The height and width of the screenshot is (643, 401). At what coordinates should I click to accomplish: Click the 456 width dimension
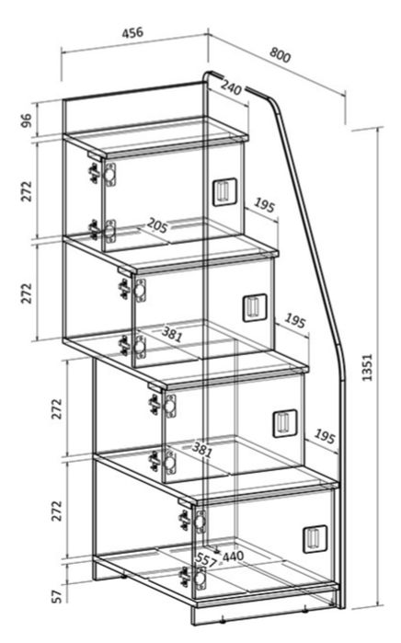pyautogui.click(x=132, y=32)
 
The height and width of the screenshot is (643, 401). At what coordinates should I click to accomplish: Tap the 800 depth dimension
pyautogui.click(x=280, y=55)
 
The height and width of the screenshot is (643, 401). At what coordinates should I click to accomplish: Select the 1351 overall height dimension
pyautogui.click(x=367, y=367)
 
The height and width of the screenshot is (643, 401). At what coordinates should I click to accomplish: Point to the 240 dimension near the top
pyautogui.click(x=231, y=86)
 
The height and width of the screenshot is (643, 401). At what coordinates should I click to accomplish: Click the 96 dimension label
pyautogui.click(x=26, y=121)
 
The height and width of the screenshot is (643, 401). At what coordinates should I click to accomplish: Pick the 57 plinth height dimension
pyautogui.click(x=58, y=596)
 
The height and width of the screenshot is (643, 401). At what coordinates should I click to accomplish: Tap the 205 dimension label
pyautogui.click(x=157, y=225)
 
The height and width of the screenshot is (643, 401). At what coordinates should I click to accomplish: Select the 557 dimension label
pyautogui.click(x=205, y=560)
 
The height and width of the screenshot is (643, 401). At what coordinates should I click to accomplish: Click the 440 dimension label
pyautogui.click(x=233, y=556)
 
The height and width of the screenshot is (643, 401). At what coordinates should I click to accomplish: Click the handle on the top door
pyautogui.click(x=224, y=191)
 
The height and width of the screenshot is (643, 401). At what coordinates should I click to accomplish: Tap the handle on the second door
pyautogui.click(x=255, y=307)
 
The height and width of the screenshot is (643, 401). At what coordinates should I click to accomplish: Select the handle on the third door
pyautogui.click(x=285, y=423)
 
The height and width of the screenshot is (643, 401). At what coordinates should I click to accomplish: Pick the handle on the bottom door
pyautogui.click(x=315, y=539)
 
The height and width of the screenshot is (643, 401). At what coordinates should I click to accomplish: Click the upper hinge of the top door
pyautogui.click(x=103, y=174)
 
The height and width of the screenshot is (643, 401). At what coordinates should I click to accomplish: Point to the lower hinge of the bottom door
pyautogui.click(x=193, y=578)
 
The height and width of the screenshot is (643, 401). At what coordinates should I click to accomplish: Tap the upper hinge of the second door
pyautogui.click(x=132, y=290)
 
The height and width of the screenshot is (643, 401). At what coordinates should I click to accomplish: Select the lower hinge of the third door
pyautogui.click(x=163, y=462)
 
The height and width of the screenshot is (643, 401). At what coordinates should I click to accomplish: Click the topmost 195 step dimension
pyautogui.click(x=264, y=205)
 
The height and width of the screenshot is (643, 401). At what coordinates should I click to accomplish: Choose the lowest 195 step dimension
pyautogui.click(x=325, y=436)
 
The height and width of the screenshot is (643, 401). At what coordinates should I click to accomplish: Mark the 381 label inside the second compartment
pyautogui.click(x=171, y=334)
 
